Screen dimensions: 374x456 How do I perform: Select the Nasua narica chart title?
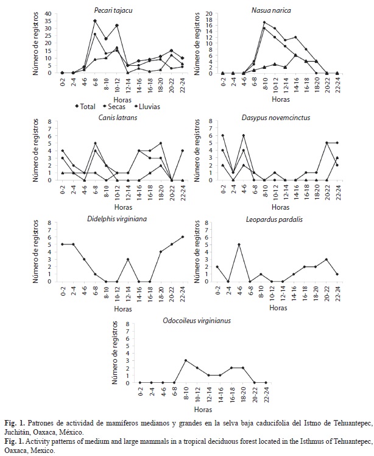(x=271, y=10)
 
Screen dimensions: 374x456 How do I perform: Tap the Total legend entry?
(x=85, y=107)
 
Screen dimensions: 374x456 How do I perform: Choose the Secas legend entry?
(x=115, y=107)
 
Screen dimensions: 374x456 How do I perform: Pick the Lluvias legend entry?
(x=147, y=107)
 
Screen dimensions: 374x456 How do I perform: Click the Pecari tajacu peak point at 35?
(x=95, y=21)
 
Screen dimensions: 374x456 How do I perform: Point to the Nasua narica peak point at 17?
(x=264, y=22)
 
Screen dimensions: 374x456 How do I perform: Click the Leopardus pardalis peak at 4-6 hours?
(x=239, y=244)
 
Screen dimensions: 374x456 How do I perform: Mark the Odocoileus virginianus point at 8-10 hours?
(x=186, y=360)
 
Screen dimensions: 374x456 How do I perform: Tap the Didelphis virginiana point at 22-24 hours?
(x=182, y=237)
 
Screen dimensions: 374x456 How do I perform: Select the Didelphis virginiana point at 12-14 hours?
(x=128, y=259)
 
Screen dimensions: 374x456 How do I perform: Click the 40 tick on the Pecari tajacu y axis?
(x=48, y=13)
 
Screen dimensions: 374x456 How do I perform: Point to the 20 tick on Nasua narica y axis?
(x=209, y=13)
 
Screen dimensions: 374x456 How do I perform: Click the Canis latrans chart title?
(x=118, y=118)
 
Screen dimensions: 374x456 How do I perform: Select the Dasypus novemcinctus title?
(x=276, y=118)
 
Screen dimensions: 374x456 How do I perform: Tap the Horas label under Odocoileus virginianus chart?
(x=203, y=410)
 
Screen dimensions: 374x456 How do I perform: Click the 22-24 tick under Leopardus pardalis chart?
(x=337, y=293)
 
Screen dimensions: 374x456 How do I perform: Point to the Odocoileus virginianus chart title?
(x=197, y=321)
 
